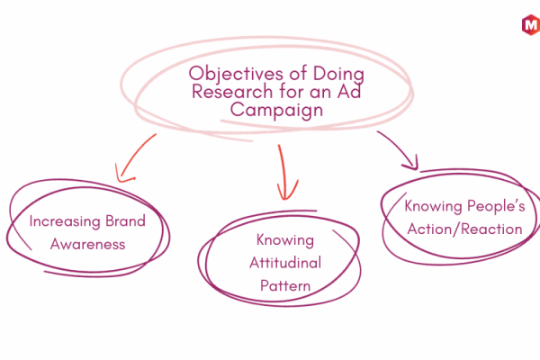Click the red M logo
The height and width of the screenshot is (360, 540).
point(531,25)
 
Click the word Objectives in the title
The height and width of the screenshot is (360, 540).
point(236,74)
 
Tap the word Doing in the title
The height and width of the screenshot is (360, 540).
point(338,74)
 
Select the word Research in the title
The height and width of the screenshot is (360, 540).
point(232,92)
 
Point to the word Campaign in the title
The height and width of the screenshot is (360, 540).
point(276,110)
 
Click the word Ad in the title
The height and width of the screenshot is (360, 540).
point(349,91)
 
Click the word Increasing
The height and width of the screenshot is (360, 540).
point(65,221)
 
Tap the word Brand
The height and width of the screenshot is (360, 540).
point(125,221)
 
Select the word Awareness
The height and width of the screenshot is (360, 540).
point(88,244)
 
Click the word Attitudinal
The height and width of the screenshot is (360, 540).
point(285,263)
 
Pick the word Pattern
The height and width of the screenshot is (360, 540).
point(285,286)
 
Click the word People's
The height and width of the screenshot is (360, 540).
point(496,206)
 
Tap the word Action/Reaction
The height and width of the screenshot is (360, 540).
point(464,229)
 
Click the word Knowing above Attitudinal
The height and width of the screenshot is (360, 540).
point(285,240)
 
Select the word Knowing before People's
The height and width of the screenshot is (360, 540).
point(433,207)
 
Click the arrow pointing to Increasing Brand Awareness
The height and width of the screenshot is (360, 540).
point(133,156)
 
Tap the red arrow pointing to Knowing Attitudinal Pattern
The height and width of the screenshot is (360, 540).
point(283,172)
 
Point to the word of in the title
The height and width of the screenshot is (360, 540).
point(298,74)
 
